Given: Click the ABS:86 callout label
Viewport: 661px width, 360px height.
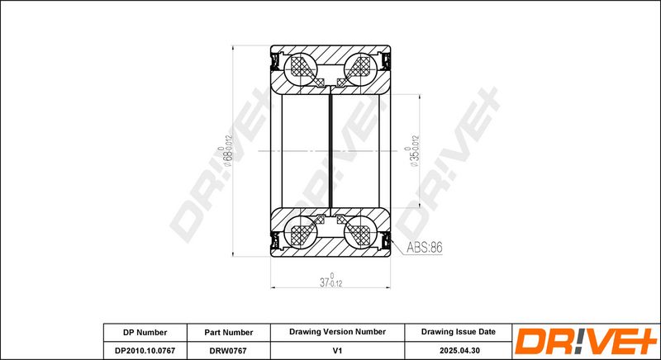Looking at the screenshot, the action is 425,248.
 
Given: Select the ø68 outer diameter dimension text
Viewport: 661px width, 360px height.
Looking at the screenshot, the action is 226,151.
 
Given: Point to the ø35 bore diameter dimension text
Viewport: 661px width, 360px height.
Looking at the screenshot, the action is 412,151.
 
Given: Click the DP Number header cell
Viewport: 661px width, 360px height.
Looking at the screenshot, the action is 145,332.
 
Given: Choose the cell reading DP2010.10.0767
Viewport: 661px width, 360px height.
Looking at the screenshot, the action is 145,350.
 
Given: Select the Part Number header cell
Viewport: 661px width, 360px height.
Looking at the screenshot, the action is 229,332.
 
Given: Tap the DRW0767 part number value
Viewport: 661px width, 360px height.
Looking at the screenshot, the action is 229,350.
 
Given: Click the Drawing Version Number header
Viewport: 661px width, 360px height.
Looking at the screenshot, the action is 337,332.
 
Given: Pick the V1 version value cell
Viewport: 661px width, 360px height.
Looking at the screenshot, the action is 337,350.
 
